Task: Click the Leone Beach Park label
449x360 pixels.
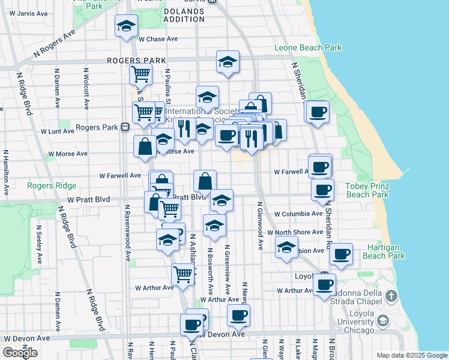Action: click(307, 47)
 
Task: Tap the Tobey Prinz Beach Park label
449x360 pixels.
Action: click(367, 190)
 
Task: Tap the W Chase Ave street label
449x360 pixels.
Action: click(158, 39)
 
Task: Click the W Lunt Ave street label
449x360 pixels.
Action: click(56, 131)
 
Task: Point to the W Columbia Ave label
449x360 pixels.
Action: click(298, 214)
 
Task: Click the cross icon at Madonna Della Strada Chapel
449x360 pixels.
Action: click(391, 295)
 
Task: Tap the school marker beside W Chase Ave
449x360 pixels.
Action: click(126, 26)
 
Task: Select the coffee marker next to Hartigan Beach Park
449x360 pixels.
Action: click(342, 254)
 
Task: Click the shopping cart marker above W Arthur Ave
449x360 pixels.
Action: click(182, 274)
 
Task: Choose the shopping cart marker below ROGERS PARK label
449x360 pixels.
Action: click(140, 74)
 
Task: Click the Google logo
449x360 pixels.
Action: click(20, 353)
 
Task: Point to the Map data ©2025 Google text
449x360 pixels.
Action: click(411, 355)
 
